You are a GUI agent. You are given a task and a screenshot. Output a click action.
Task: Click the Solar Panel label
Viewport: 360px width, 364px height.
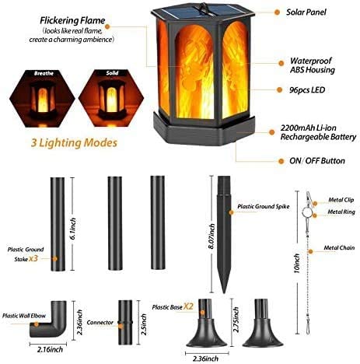[306, 12]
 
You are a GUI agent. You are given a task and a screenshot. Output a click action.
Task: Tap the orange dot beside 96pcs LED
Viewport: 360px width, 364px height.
[279, 89]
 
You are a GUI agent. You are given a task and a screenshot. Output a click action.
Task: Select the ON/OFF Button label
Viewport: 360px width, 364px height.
[317, 161]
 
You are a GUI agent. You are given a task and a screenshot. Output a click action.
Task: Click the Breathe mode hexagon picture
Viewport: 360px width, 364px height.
[42, 99]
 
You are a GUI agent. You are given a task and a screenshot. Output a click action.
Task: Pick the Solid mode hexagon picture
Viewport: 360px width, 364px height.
[111, 99]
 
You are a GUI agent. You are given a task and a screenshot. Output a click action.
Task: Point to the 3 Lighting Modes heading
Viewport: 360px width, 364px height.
[74, 143]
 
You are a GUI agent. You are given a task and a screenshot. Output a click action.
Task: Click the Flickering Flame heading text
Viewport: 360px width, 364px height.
[72, 20]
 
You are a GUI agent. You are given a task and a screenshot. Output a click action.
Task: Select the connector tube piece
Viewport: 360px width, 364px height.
[125, 322]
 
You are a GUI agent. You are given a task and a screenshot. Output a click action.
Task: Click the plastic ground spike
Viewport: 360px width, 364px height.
[224, 233]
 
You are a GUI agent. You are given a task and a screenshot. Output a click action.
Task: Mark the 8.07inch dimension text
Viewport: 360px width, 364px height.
[211, 236]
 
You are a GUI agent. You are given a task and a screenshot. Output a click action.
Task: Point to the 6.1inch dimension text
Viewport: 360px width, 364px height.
[73, 229]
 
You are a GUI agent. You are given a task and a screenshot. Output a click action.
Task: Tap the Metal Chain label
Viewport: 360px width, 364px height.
[339, 248]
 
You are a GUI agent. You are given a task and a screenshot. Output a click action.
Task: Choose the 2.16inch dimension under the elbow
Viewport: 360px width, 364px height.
[50, 349]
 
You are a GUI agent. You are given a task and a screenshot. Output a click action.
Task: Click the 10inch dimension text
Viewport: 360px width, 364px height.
[297, 263]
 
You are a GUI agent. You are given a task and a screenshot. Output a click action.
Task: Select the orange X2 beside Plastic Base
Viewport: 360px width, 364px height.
[188, 306]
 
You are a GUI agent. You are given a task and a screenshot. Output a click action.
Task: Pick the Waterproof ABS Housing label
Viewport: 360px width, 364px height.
[313, 65]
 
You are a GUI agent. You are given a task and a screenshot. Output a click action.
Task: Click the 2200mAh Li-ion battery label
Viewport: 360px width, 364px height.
[318, 132]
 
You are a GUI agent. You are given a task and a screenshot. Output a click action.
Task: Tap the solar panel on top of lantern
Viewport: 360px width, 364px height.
[203, 11]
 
